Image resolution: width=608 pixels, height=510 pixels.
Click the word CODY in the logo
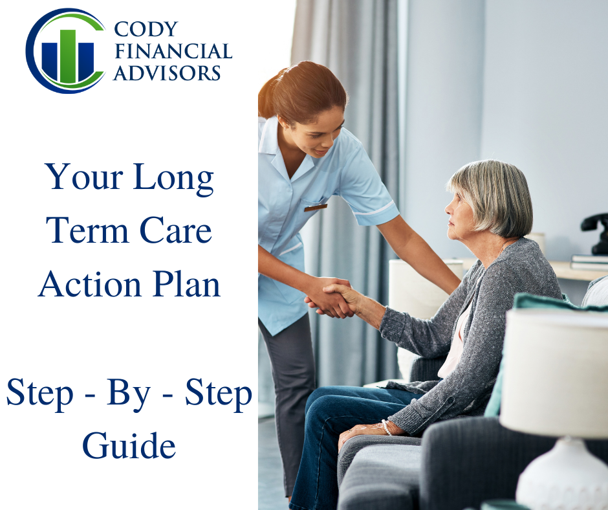[146, 29]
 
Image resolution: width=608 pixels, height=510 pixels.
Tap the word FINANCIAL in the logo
[172, 51]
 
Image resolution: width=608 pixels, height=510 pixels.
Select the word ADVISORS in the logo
[167, 72]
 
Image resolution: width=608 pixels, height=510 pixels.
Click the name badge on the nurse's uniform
[316, 207]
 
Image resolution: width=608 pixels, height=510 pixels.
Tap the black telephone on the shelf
[596, 230]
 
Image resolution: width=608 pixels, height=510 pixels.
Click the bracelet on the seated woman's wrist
[386, 427]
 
